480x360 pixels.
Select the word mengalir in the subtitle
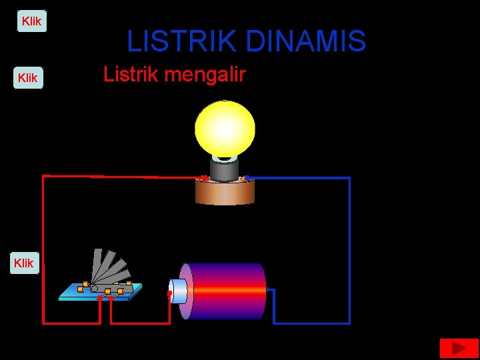click(213, 74)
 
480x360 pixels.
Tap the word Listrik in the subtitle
click(129, 74)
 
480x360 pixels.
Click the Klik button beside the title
click(31, 21)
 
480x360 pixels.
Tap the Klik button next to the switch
click(23, 263)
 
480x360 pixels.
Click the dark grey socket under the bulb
click(225, 170)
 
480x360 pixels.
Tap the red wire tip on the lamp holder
click(204, 177)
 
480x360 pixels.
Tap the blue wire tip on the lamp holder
click(247, 177)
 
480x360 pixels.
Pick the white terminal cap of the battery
click(178, 291)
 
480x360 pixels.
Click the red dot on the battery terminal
click(169, 293)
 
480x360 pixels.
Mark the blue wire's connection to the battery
click(269, 291)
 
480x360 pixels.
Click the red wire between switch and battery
click(140, 323)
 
